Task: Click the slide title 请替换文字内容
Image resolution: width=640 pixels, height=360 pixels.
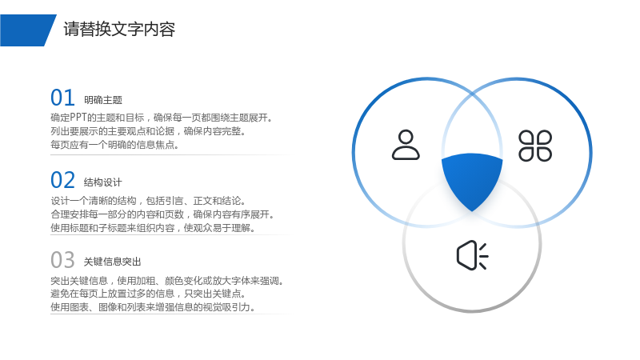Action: click(119, 30)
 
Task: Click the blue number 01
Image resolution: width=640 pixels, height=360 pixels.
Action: click(62, 98)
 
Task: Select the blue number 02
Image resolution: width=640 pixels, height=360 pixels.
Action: click(62, 180)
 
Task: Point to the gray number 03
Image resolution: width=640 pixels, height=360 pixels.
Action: click(62, 260)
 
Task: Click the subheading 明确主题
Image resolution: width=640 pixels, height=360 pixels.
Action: click(103, 100)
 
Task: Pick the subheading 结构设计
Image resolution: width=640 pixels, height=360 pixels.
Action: click(103, 182)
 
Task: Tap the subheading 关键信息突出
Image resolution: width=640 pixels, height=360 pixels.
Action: click(112, 262)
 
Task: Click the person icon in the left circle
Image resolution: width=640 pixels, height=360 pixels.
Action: click(406, 145)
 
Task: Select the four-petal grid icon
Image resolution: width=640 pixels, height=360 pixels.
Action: click(535, 146)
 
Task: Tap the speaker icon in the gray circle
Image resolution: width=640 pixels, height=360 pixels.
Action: click(472, 255)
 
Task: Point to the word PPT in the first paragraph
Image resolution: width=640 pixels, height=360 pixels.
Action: click(78, 118)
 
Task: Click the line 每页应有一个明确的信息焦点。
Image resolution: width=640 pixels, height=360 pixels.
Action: click(114, 145)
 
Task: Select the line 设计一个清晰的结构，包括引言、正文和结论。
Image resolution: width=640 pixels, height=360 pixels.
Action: click(149, 201)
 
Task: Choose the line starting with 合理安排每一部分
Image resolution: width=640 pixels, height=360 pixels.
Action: click(163, 214)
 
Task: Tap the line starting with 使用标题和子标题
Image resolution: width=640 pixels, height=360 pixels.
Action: click(153, 228)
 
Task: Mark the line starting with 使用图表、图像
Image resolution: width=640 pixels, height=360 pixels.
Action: click(153, 307)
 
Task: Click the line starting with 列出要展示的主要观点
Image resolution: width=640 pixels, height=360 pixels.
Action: click(148, 131)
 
